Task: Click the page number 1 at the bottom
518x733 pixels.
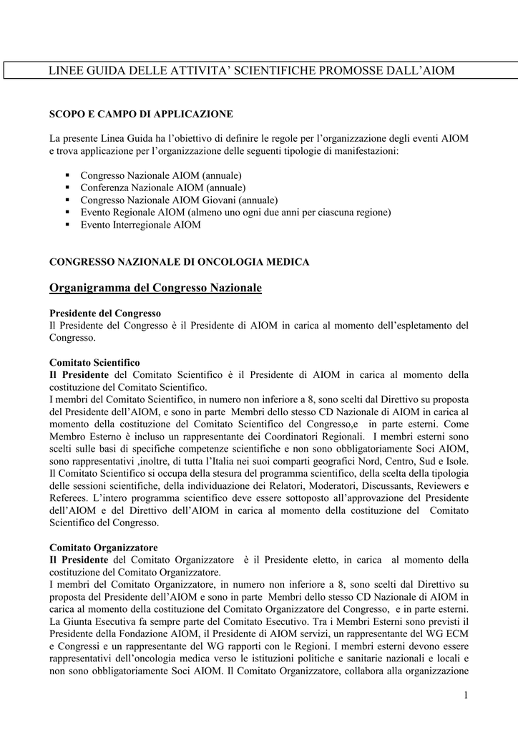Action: (465, 696)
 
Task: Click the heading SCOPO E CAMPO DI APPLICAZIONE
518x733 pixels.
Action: (141, 114)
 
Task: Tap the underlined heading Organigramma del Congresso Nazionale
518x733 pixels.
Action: (155, 288)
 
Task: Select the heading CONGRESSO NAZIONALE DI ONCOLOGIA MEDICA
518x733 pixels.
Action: (179, 262)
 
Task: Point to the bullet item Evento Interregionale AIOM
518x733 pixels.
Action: (140, 224)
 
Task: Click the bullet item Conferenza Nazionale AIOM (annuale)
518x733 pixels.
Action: (161, 188)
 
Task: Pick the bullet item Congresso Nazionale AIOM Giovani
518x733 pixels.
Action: (179, 200)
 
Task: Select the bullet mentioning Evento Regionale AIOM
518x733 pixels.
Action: (235, 212)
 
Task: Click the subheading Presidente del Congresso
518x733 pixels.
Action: (104, 314)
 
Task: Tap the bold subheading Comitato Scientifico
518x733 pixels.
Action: (94, 363)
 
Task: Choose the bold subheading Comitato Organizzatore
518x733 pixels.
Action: (103, 548)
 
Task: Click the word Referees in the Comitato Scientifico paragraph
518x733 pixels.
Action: (68, 498)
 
